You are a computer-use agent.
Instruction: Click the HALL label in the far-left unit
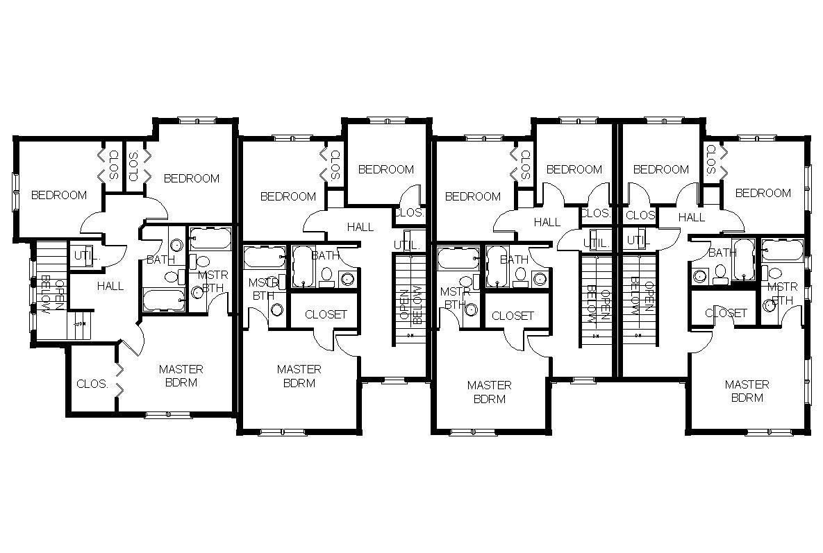pos(110,286)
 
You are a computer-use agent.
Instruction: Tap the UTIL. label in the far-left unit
pos(88,255)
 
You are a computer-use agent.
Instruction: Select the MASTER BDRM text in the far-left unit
pos(181,376)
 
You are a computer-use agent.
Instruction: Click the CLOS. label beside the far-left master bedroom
pos(92,384)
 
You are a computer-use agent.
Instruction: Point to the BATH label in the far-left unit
pos(160,260)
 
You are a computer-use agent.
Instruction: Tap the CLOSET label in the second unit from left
pos(326,314)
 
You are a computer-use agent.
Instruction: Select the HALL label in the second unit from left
pos(360,227)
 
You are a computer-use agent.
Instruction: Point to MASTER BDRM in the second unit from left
pos(299,377)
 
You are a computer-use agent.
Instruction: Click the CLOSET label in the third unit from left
pos(513,316)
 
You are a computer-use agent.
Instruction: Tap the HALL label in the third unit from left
pos(547,223)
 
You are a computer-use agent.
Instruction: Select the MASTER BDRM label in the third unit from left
pos(489,392)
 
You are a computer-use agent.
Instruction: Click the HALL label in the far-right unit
pos(691,218)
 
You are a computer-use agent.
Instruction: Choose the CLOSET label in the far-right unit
pos(726,314)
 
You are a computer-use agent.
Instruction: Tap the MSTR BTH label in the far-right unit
pos(783,293)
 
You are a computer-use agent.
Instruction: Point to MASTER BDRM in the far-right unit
pos(747,391)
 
